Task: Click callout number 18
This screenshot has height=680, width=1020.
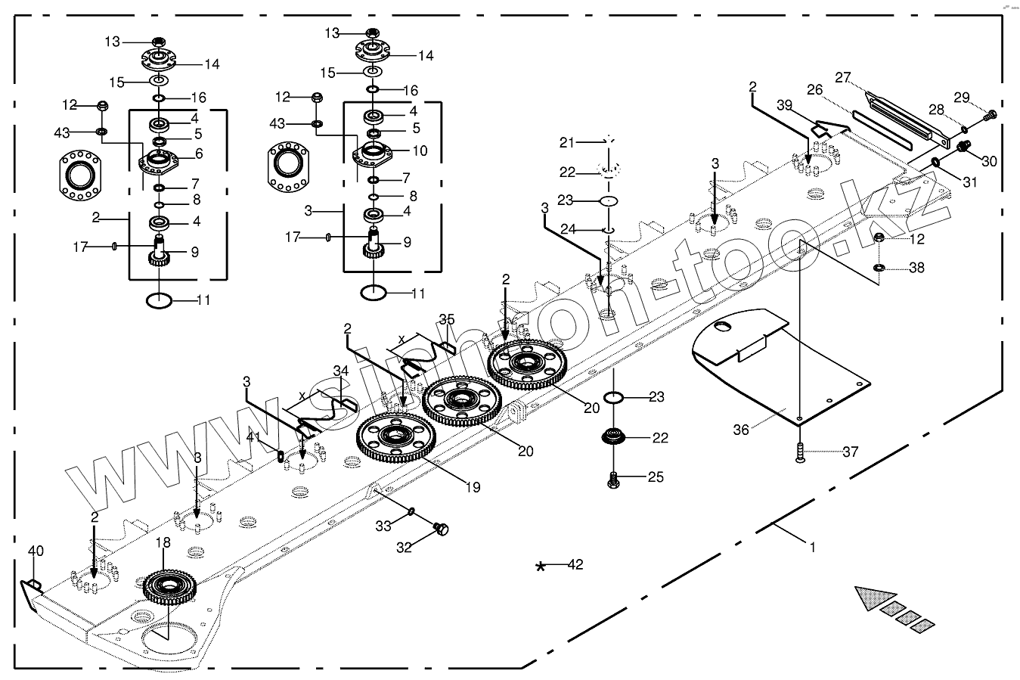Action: pyautogui.click(x=163, y=542)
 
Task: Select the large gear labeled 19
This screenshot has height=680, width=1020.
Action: pyautogui.click(x=394, y=437)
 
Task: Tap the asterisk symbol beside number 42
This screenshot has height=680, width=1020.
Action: pyautogui.click(x=540, y=567)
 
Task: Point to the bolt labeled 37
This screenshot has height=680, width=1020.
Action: pyautogui.click(x=800, y=452)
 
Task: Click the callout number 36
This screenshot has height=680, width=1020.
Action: pyautogui.click(x=741, y=430)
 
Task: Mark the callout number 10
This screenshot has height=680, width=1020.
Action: pyautogui.click(x=420, y=151)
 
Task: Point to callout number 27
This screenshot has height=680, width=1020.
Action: pyautogui.click(x=842, y=76)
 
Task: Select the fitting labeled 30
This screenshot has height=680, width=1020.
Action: pyautogui.click(x=963, y=147)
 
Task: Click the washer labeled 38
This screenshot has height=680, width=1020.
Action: pyautogui.click(x=879, y=268)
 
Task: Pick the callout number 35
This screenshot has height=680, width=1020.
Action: pyautogui.click(x=447, y=318)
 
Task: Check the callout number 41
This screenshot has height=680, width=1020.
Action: pyautogui.click(x=253, y=436)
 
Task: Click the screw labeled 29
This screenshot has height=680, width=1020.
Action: pyautogui.click(x=991, y=115)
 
